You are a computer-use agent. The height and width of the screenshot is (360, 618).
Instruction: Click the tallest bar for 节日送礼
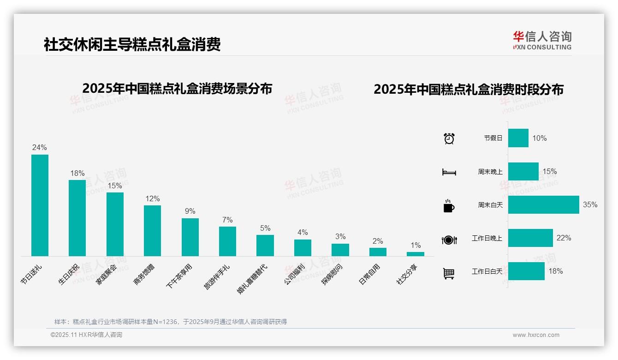(x=40, y=205)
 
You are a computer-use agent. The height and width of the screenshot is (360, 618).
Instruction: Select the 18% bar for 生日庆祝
(x=77, y=218)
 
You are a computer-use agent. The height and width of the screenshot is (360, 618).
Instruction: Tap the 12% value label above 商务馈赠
(x=152, y=198)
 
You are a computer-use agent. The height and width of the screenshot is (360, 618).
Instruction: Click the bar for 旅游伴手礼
(x=227, y=241)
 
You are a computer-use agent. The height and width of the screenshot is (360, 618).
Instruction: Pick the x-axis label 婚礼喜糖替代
(x=253, y=279)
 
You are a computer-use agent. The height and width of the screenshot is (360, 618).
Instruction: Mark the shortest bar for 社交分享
(x=415, y=254)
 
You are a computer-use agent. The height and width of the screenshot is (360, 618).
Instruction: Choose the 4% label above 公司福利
(x=303, y=233)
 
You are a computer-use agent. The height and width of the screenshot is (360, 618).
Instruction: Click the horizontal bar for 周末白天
(x=543, y=204)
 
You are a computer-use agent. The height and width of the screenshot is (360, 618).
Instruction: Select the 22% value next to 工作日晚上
(x=564, y=238)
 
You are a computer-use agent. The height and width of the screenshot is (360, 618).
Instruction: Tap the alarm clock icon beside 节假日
(x=449, y=138)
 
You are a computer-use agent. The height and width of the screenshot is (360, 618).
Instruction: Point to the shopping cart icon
(x=449, y=273)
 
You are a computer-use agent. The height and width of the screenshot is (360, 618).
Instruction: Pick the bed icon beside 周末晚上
(x=449, y=172)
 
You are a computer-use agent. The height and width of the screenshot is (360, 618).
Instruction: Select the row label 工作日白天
(x=487, y=271)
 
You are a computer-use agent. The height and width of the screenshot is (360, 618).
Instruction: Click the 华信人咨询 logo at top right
(x=542, y=40)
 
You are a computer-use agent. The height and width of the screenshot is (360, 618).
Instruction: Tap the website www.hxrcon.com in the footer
(x=536, y=335)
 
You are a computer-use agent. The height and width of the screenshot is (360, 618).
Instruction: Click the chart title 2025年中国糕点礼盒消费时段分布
(x=469, y=90)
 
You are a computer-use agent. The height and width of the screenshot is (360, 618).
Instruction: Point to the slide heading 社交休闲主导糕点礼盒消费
(x=132, y=44)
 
